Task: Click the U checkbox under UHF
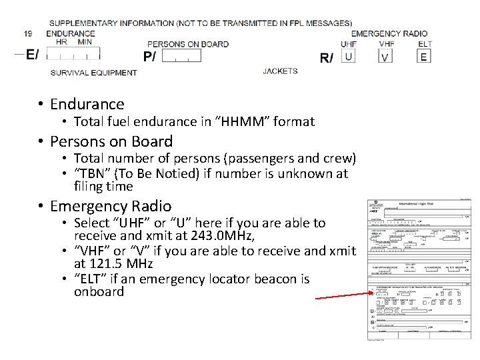[348, 56]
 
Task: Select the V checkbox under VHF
[385, 57]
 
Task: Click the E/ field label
[31, 55]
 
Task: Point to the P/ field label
[150, 56]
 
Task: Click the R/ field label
[327, 58]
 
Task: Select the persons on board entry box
[181, 56]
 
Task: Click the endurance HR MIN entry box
[74, 53]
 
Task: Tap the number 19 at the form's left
[27, 33]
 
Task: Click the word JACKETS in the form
[280, 71]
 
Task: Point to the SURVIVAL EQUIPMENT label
[93, 72]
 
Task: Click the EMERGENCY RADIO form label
[389, 33]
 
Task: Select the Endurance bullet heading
[87, 104]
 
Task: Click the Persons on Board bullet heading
[111, 141]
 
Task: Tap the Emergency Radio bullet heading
[110, 206]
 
